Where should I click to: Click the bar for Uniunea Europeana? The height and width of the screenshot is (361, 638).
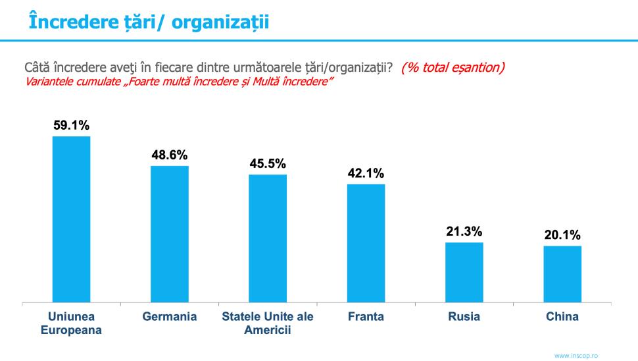click(71, 219)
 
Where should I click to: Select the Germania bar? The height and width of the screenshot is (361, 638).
click(170, 234)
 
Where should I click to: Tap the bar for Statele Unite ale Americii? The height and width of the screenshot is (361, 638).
click(268, 238)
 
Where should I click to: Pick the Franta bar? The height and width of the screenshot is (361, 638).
click(366, 243)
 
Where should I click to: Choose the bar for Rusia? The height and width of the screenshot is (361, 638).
click(464, 273)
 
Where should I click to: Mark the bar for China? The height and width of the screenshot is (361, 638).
click(562, 274)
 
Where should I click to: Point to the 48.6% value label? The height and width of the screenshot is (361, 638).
click(170, 155)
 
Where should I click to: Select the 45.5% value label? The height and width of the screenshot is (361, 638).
click(268, 164)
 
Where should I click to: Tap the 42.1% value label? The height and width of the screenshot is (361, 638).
click(366, 174)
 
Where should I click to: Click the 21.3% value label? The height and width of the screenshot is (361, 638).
click(464, 232)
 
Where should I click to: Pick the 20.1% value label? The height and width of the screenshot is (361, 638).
click(562, 235)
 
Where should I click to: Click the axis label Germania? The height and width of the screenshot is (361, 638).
click(170, 317)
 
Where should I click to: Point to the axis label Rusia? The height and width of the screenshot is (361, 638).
click(464, 317)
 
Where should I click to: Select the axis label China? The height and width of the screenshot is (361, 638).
click(562, 317)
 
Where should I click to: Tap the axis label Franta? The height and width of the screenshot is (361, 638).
click(366, 317)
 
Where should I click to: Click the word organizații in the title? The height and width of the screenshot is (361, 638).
click(226, 21)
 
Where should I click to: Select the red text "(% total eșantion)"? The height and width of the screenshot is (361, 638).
click(453, 68)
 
